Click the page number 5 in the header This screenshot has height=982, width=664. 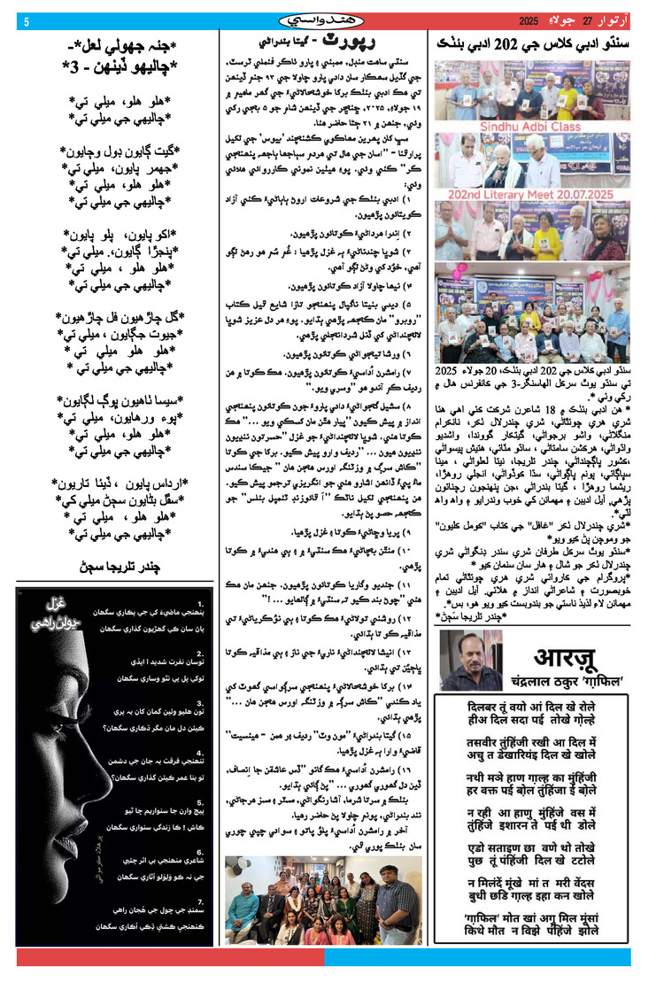click(x=27, y=21)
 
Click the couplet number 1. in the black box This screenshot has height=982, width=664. click(x=204, y=593)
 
